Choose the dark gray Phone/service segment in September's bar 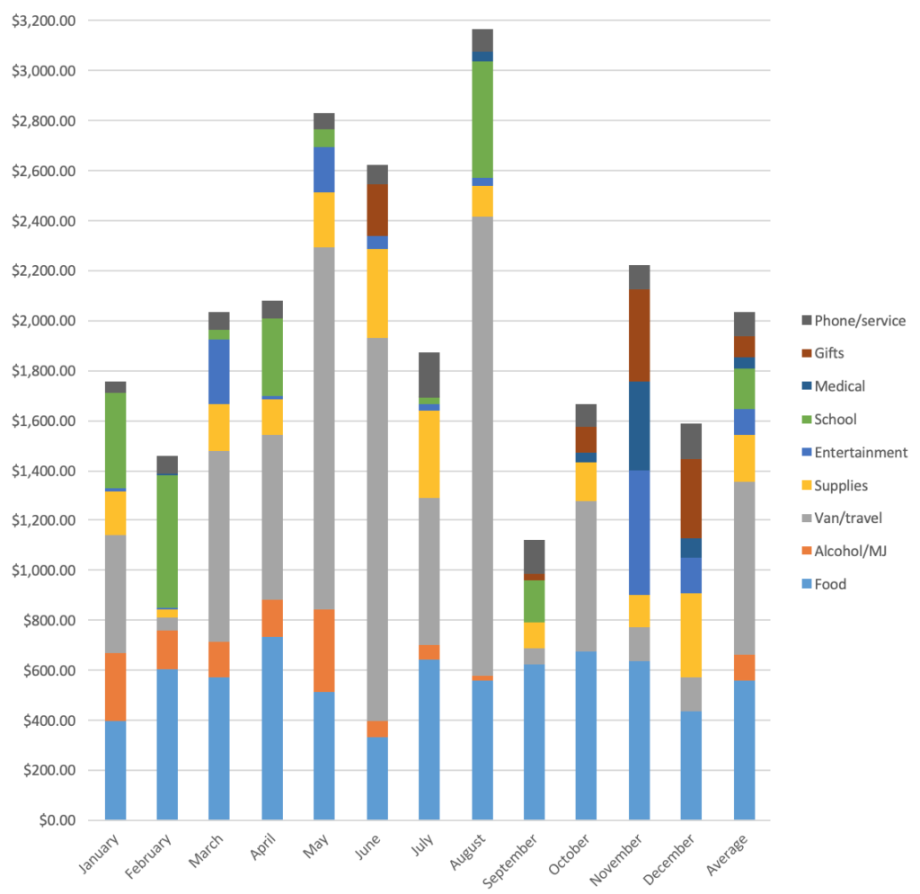pos(535,557)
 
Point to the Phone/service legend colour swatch pos(806,321)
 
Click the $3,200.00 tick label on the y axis pos(44,21)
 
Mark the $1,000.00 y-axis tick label pos(44,571)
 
